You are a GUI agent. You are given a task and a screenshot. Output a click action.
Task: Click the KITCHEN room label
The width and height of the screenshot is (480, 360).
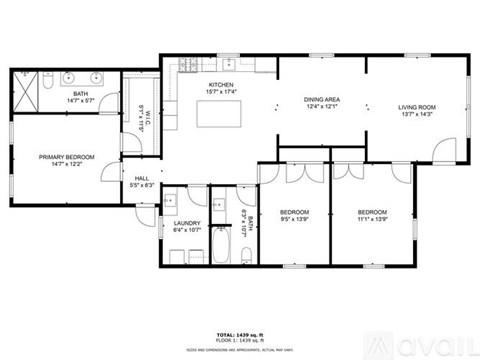tap(220, 85)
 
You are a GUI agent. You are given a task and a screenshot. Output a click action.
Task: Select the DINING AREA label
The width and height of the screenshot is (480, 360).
tap(323, 100)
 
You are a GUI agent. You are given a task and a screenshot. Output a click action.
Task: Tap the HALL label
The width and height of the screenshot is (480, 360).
tap(143, 178)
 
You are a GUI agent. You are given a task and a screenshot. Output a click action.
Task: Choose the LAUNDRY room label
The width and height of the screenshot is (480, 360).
tap(187, 223)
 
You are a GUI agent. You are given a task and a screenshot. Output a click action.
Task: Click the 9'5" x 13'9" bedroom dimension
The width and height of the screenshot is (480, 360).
tap(294, 220)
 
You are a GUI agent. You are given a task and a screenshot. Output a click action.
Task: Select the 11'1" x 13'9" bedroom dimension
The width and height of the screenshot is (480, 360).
tap(372, 220)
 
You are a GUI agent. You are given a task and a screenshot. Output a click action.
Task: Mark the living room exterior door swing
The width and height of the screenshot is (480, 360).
tap(440, 153)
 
